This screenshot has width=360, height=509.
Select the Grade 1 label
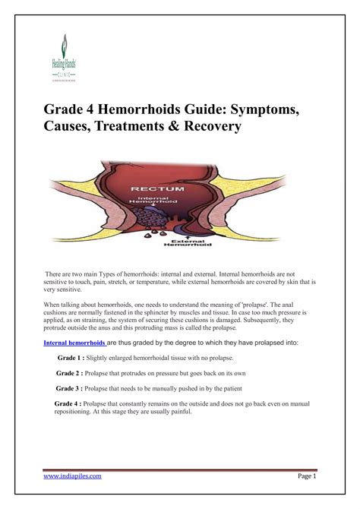tap(75, 357)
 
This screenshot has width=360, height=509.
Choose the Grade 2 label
tap(74, 374)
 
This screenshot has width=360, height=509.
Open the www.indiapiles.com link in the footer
tap(73, 476)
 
